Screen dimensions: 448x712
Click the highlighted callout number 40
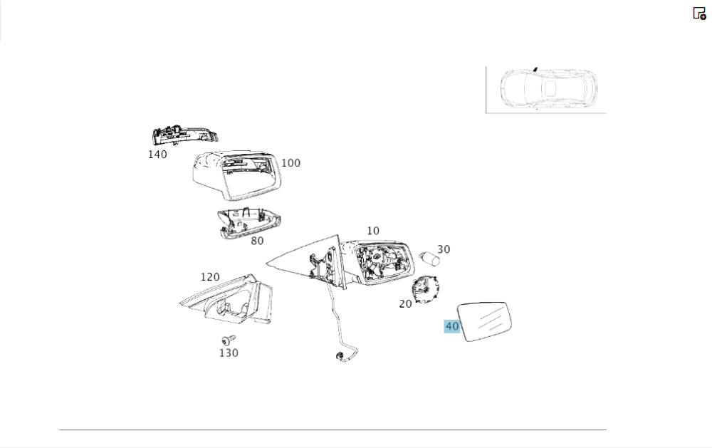click(x=452, y=327)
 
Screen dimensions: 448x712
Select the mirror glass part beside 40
click(x=488, y=321)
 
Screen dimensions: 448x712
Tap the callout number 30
click(x=444, y=249)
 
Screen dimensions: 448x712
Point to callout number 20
click(x=405, y=304)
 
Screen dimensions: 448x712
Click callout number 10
click(x=373, y=231)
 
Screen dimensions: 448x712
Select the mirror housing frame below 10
click(x=378, y=262)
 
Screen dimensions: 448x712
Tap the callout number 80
click(x=257, y=241)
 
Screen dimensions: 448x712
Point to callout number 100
click(x=290, y=163)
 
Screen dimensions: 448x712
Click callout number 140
click(x=157, y=155)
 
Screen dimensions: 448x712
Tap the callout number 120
click(x=210, y=277)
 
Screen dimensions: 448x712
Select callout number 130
click(x=229, y=353)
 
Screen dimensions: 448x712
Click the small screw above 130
click(x=228, y=340)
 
